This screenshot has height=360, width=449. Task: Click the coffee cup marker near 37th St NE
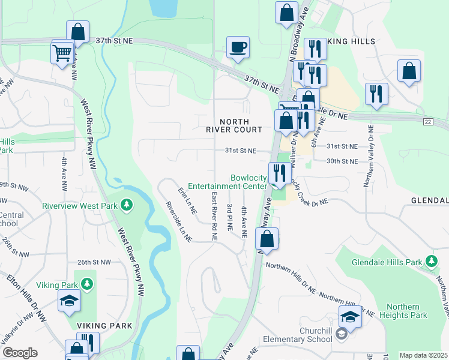238,47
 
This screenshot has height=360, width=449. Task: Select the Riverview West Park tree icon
126,205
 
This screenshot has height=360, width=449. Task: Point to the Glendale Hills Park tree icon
431,261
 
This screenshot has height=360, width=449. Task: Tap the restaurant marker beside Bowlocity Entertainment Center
279,173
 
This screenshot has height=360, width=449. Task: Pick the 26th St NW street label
94,262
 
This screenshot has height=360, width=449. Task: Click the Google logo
20,353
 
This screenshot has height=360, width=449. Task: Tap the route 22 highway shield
427,122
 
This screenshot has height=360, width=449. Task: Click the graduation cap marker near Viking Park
70,300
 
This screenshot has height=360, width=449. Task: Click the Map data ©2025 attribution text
423,355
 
